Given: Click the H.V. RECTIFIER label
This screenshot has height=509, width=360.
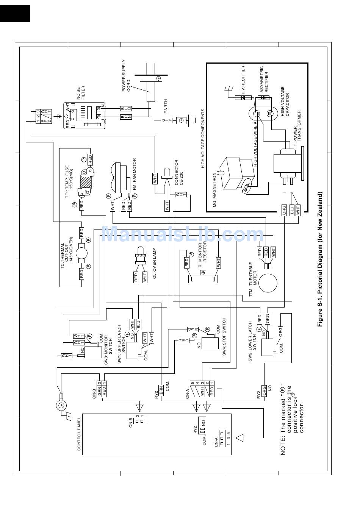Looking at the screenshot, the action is click(x=243, y=80).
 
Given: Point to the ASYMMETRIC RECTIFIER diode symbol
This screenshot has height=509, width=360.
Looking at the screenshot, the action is click(x=263, y=98).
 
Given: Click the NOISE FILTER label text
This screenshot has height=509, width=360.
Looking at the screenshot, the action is click(x=81, y=93).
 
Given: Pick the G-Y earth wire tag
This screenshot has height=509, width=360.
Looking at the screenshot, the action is click(x=166, y=120).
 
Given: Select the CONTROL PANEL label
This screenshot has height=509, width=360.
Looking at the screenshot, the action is click(x=79, y=434).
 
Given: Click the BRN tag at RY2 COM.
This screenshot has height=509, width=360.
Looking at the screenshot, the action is click(x=161, y=390).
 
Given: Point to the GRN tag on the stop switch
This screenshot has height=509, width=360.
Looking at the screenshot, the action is click(x=193, y=329).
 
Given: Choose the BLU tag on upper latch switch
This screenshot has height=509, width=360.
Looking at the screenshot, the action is click(x=138, y=325).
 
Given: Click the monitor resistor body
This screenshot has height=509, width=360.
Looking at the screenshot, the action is click(x=203, y=279).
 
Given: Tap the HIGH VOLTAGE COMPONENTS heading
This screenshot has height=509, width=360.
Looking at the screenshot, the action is click(x=203, y=139).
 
